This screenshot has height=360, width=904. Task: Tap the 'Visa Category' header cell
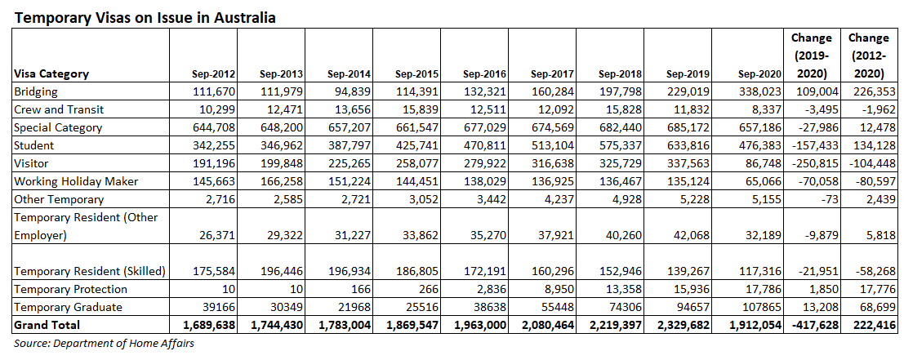tap(51, 73)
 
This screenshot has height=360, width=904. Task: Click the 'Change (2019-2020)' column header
tap(812, 56)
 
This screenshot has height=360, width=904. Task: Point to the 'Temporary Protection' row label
tap(71, 289)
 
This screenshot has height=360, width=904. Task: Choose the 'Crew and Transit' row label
tap(59, 109)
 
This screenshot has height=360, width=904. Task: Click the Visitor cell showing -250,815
tap(813, 163)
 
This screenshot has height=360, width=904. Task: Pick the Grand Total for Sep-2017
tap(547, 325)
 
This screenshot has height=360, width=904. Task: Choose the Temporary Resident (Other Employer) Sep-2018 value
tap(621, 235)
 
